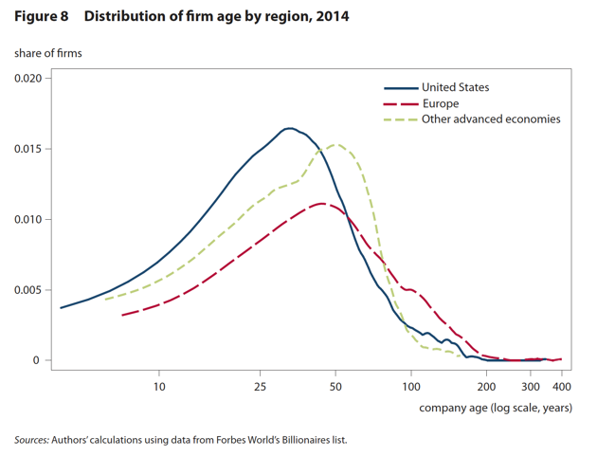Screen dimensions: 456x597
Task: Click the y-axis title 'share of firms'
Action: (48, 53)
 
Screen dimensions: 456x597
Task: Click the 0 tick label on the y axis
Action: (37, 360)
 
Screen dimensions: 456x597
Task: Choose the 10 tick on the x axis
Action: (159, 387)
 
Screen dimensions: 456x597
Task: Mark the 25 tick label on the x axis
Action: (259, 387)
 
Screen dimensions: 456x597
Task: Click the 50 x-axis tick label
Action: (335, 387)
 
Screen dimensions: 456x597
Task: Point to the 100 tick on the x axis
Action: (411, 387)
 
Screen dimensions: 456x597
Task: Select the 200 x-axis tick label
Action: (487, 387)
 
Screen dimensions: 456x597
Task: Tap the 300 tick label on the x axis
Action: (531, 387)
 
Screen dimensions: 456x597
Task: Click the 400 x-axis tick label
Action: (562, 387)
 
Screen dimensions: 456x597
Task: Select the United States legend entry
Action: (456, 87)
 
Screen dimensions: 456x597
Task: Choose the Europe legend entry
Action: (441, 103)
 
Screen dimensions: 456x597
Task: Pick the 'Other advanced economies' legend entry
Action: (491, 119)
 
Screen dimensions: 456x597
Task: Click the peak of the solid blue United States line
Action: (289, 128)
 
